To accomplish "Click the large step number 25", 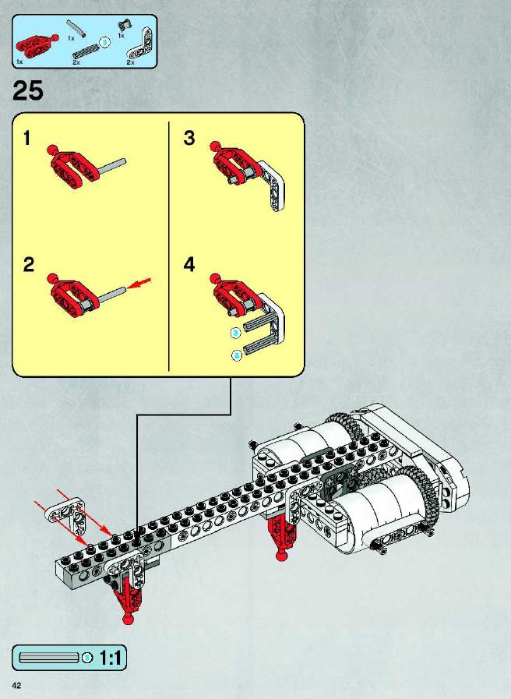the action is (x=27, y=91).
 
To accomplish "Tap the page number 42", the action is (x=17, y=685).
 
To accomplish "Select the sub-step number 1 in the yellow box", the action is (x=27, y=138).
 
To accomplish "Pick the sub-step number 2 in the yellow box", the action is (x=29, y=265).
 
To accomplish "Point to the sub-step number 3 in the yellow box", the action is (x=189, y=138).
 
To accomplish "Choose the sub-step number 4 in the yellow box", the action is (x=189, y=265).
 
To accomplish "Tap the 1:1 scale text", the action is (x=110, y=658).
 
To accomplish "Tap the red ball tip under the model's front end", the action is (x=129, y=619).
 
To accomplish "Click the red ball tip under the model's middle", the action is (x=281, y=555).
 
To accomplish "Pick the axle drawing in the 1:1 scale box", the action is (x=49, y=658).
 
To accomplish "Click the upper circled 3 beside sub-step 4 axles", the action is (x=236, y=333).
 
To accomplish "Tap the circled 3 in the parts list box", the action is (x=104, y=42).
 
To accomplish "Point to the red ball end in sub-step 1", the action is (x=52, y=150).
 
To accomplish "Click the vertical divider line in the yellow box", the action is (x=169, y=246).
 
